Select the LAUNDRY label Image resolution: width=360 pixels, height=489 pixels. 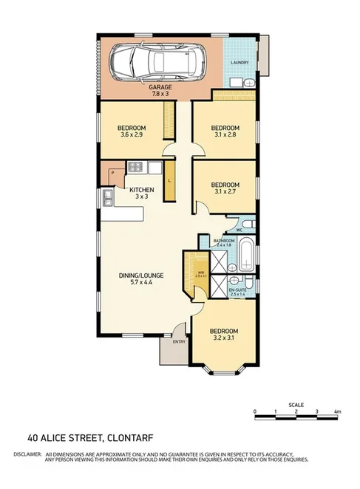click(239, 63)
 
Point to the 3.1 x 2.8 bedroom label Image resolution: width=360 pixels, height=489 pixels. click(225, 131)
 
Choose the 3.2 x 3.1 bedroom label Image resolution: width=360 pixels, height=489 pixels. click(223, 335)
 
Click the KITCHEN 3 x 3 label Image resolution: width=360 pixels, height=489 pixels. click(141, 193)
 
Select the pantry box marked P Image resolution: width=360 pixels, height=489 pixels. click(112, 174)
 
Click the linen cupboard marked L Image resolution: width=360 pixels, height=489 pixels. click(170, 181)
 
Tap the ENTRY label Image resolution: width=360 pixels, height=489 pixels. click(179, 342)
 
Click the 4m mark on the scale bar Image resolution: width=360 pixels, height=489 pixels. click(337, 411)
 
